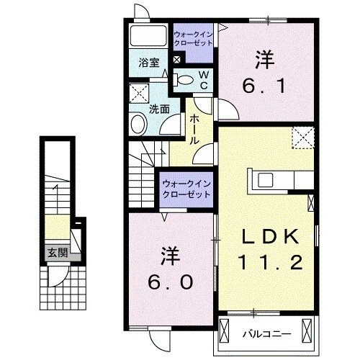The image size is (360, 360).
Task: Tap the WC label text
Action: pos(204,79)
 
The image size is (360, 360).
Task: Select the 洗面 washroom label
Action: pos(158,109)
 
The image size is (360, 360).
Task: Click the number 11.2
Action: pos(269,263)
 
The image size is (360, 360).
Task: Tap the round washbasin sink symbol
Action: pos(138,123)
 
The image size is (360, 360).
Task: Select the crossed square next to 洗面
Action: pos(138,93)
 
